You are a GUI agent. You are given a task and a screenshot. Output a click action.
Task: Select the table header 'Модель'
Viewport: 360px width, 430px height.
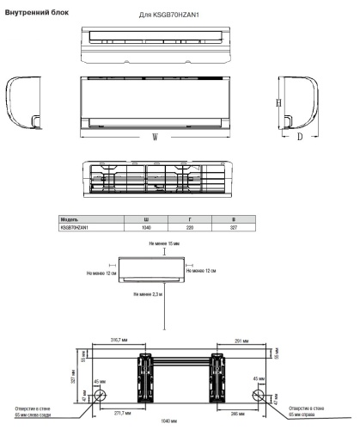[71, 221]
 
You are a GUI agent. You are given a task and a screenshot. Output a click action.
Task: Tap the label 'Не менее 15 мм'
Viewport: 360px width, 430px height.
[164, 244]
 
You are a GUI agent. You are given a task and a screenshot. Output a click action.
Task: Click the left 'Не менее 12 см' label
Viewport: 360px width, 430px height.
[101, 273]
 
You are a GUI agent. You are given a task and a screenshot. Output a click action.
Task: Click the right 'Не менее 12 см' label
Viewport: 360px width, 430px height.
[225, 273]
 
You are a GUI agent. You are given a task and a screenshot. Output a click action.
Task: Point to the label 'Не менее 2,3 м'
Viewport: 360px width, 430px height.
[148, 294]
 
